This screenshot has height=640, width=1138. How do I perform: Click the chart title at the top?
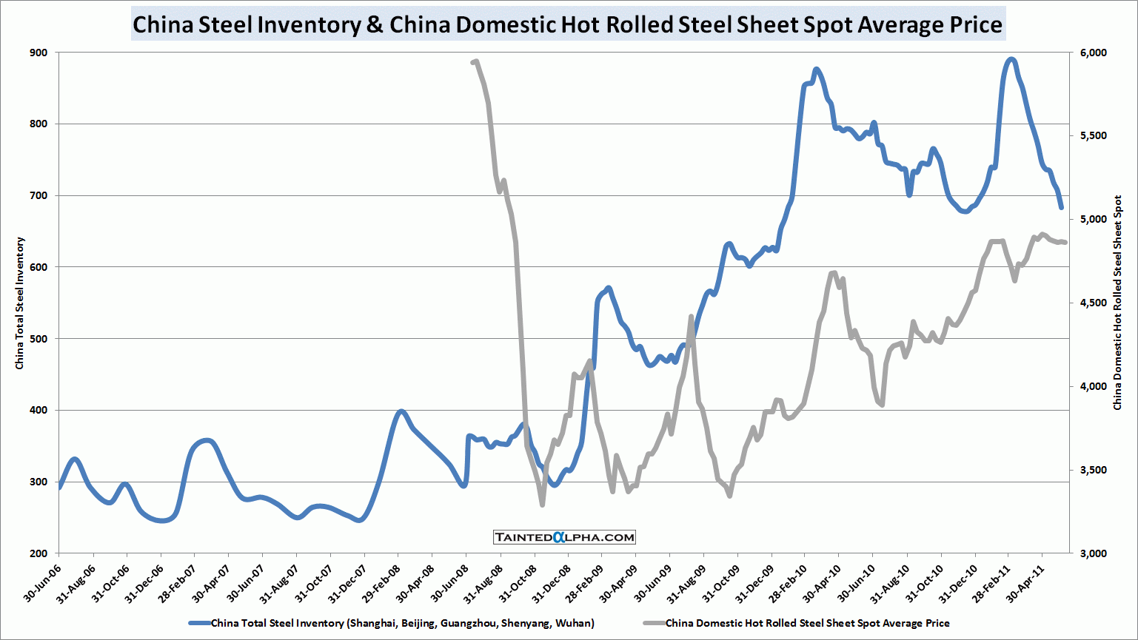pos(567,24)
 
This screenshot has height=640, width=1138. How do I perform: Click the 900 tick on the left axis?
pos(39,53)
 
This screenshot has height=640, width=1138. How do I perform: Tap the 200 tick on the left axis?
pos(39,553)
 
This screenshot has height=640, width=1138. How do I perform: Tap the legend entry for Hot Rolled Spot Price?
pos(807,623)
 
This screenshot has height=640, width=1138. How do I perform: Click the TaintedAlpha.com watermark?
pos(564,537)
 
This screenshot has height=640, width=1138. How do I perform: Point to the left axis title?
pos(20,303)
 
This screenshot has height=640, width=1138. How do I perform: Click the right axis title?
pos(1118,303)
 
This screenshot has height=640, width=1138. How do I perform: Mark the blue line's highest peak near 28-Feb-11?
pos(1011,59)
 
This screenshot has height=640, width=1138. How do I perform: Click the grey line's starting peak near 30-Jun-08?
pos(475,61)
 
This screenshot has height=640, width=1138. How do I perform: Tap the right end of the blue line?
pos(1061,208)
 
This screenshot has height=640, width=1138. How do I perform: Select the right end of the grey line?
pos(1065,242)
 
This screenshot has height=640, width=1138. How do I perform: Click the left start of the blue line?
pos(59,488)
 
